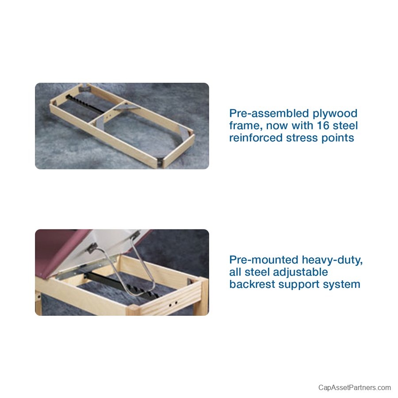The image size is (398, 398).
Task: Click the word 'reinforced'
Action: [x=256, y=138]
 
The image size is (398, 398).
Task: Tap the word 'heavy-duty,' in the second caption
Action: [x=332, y=260]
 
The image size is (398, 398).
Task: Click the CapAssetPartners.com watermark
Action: [x=354, y=387]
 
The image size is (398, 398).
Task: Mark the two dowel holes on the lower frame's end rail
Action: [x=172, y=303]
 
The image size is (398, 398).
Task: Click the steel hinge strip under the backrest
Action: [x=84, y=268]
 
